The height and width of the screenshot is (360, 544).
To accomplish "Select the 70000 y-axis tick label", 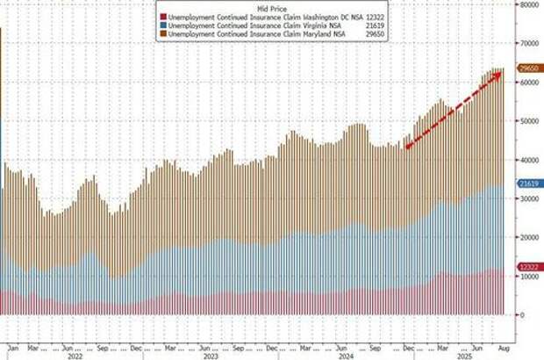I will point(528,42).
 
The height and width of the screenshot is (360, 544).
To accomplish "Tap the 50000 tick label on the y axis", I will point(528,120).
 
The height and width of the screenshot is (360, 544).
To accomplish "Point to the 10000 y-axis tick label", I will point(528,276).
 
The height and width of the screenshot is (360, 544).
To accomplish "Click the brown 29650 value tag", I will point(528,68).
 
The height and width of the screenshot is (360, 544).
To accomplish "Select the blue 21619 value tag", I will point(528,184).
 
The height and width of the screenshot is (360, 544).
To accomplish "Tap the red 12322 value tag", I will point(528,266).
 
